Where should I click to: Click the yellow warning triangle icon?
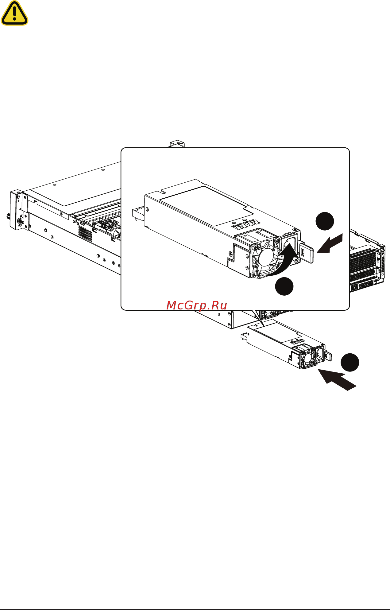(14, 13)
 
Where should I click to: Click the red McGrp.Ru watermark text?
(196, 305)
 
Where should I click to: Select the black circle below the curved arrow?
(284, 286)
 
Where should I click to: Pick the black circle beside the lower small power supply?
(350, 362)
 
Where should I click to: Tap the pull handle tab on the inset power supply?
(307, 253)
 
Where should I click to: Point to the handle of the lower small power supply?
(328, 356)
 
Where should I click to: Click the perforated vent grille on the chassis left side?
(85, 234)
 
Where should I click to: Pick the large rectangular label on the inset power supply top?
(207, 204)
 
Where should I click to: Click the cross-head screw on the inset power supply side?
(230, 254)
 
